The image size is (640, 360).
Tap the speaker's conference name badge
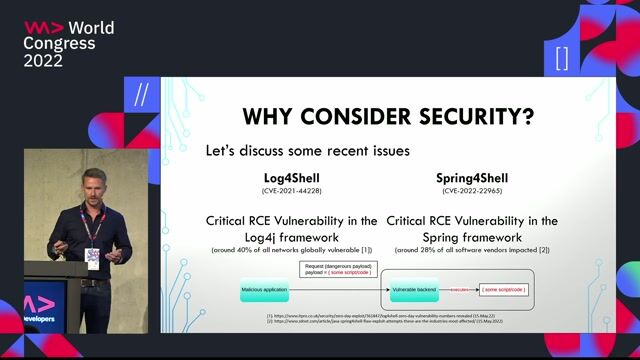(x=93, y=256)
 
